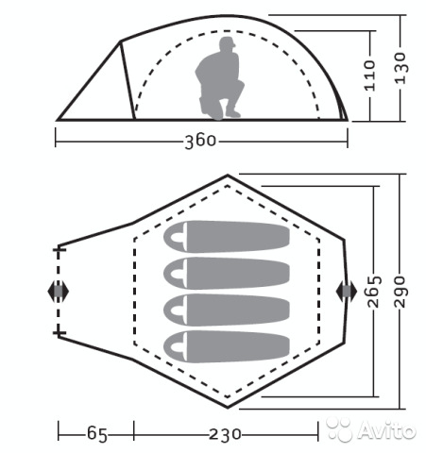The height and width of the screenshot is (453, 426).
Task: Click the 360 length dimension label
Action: (x=200, y=142)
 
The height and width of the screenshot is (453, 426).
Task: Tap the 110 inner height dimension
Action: (x=369, y=75)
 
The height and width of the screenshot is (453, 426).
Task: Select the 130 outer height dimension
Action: (x=400, y=68)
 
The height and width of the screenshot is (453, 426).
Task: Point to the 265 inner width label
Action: (x=374, y=292)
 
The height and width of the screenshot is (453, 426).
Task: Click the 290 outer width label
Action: (x=400, y=292)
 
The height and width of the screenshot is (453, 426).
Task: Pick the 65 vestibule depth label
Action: (x=97, y=434)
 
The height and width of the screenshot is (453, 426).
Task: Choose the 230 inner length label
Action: (x=225, y=435)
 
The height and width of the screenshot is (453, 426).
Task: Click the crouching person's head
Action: (x=228, y=43)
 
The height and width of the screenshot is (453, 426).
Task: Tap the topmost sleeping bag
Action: (x=227, y=236)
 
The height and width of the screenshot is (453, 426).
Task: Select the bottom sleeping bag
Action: (x=227, y=346)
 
